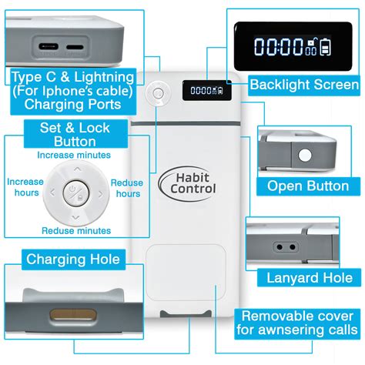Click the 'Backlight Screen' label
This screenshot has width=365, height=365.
point(303,85)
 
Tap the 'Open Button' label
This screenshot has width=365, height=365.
point(307,186)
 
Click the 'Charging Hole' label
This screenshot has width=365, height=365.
point(73,260)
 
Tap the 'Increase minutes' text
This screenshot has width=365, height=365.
point(74,155)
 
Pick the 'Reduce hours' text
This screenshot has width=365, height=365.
point(126,188)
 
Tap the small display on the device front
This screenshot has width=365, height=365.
point(203,91)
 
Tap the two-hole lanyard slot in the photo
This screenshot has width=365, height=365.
point(285,248)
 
